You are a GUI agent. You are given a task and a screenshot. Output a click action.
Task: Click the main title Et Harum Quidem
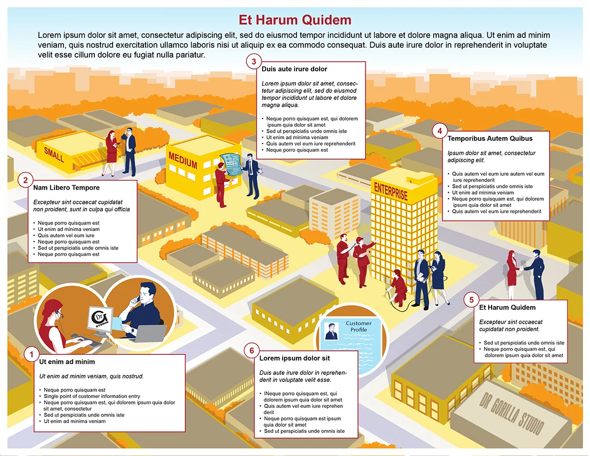pyautogui.click(x=295, y=20)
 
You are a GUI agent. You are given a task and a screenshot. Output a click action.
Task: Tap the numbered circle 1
pyautogui.click(x=32, y=354)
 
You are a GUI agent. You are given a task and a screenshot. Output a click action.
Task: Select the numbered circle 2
pyautogui.click(x=26, y=180)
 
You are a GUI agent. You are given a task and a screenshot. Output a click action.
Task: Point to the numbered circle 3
pyautogui.click(x=254, y=61)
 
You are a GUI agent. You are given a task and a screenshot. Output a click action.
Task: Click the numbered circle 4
pyautogui.click(x=440, y=131)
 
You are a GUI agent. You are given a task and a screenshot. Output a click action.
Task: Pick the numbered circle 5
pyautogui.click(x=472, y=300)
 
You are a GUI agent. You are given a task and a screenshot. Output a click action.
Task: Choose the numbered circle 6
pyautogui.click(x=252, y=350)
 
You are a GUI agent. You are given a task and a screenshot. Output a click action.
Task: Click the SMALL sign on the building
pyautogui.click(x=54, y=154)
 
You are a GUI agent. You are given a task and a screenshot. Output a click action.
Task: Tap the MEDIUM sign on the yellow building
pyautogui.click(x=182, y=160)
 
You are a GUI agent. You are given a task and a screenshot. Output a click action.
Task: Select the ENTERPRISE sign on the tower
pyautogui.click(x=391, y=191)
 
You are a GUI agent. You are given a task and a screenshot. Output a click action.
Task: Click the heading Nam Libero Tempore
pyautogui.click(x=66, y=188)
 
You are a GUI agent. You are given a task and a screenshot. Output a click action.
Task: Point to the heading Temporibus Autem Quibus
pyautogui.click(x=490, y=139)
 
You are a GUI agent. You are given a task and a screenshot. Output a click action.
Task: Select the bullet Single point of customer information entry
pyautogui.click(x=92, y=396)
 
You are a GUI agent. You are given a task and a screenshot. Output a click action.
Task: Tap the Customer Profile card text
pyautogui.click(x=358, y=326)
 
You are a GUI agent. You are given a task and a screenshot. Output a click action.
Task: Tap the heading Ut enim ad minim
pyautogui.click(x=67, y=362)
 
